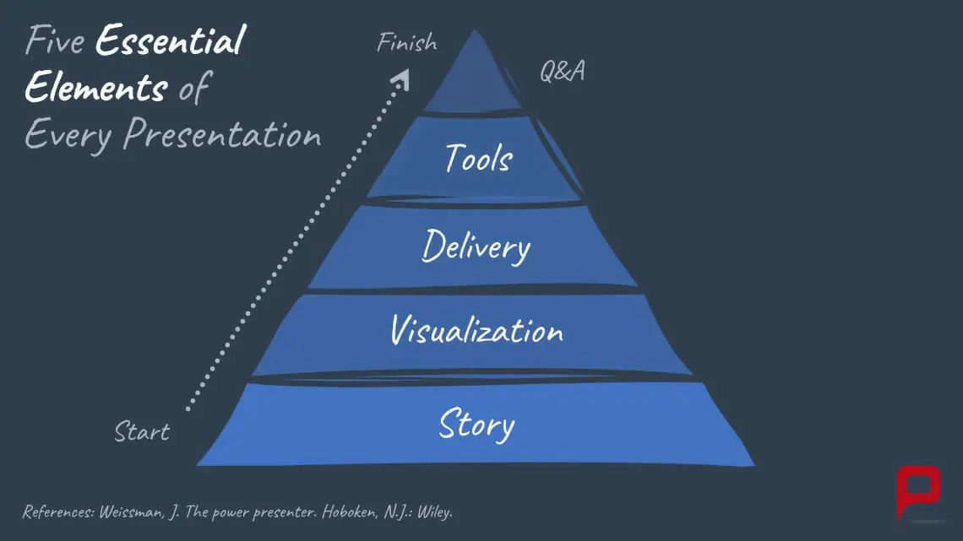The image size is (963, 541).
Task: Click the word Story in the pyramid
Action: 476,425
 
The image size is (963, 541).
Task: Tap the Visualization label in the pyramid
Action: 476,330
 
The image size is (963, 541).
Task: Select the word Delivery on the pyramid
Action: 476,247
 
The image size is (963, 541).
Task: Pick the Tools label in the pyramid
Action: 478,158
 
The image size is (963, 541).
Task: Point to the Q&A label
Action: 563,72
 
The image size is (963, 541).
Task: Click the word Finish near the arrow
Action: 407,42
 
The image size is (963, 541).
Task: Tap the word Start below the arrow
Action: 142,432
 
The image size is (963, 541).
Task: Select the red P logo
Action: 917,490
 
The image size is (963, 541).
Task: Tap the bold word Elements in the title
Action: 95,88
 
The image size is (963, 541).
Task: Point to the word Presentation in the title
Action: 222,135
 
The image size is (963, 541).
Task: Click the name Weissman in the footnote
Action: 132,512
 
